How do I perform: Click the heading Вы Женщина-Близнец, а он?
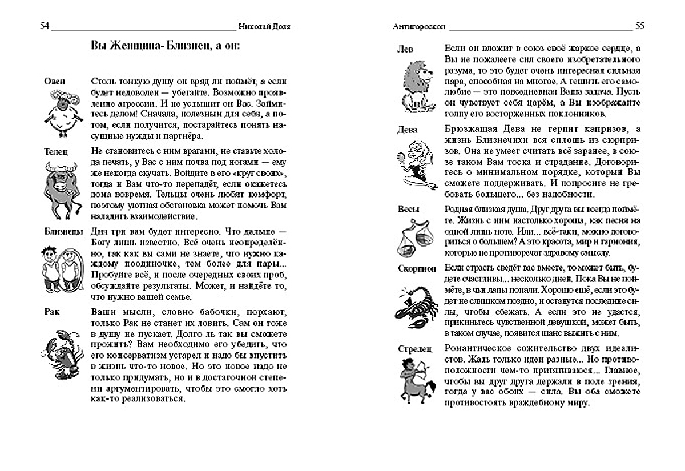[166, 46]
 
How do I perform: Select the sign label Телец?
[56, 152]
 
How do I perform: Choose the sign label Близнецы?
[62, 231]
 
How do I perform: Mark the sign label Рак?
[51, 311]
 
